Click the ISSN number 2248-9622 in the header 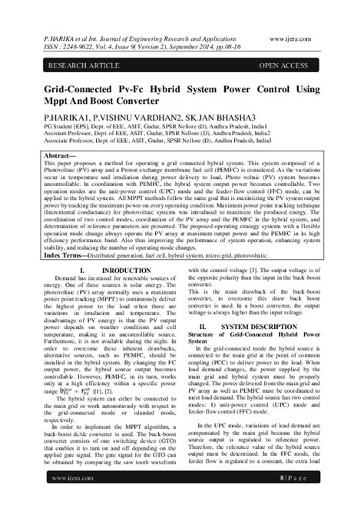[65, 44]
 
